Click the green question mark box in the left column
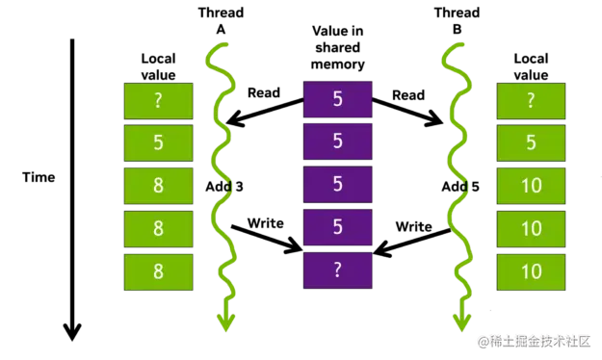click(x=158, y=100)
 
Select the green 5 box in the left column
click(x=158, y=142)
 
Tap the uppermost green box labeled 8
click(x=158, y=186)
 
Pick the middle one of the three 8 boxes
click(x=158, y=228)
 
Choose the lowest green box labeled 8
click(x=158, y=271)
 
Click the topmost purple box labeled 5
click(x=337, y=99)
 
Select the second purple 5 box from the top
click(x=337, y=141)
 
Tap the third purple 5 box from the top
click(x=337, y=185)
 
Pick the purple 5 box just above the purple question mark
click(x=337, y=227)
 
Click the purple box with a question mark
click(x=337, y=270)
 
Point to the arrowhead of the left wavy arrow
click(x=224, y=321)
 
